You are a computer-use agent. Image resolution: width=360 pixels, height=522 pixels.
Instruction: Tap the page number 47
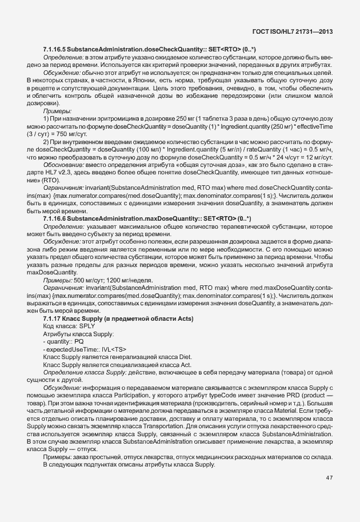pos(329,477)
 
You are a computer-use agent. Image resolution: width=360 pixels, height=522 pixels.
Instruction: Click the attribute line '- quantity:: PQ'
pos(64,341)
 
